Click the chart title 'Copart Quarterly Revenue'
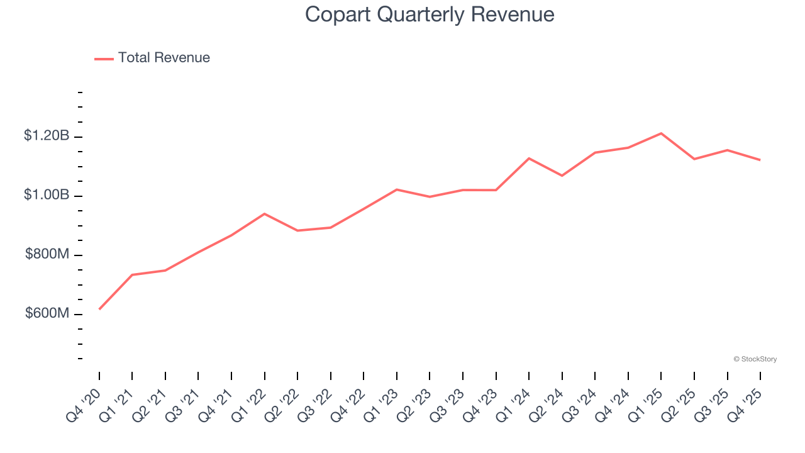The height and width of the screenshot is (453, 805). pyautogui.click(x=430, y=14)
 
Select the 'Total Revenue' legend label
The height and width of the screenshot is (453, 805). pyautogui.click(x=164, y=58)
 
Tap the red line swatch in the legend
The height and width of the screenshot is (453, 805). pyautogui.click(x=104, y=59)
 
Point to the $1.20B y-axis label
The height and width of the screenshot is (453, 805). pyautogui.click(x=47, y=135)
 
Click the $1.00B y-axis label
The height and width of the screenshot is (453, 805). pyautogui.click(x=47, y=195)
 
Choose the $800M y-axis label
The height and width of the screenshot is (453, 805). pyautogui.click(x=47, y=254)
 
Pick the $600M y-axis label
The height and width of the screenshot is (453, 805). pyautogui.click(x=47, y=313)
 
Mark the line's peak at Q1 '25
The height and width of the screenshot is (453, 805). pyautogui.click(x=661, y=133)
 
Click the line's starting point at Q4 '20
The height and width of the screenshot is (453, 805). pyautogui.click(x=99, y=309)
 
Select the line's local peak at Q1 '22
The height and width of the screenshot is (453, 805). pyautogui.click(x=265, y=214)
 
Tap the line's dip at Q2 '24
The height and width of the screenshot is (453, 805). pyautogui.click(x=562, y=176)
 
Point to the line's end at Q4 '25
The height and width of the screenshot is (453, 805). pyautogui.click(x=760, y=160)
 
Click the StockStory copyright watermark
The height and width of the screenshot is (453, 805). pyautogui.click(x=755, y=359)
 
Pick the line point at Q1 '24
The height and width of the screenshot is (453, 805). pyautogui.click(x=529, y=158)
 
